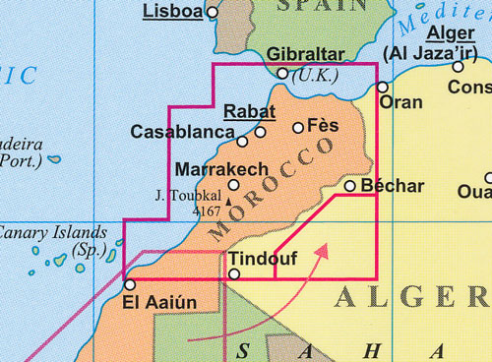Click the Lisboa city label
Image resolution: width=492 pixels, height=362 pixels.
point(172,12)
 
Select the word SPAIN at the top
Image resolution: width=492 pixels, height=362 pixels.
point(326,6)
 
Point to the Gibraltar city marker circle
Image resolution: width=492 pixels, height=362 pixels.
point(282,73)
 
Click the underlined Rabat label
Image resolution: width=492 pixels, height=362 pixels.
point(249,111)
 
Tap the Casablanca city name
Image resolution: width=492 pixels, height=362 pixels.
point(178,131)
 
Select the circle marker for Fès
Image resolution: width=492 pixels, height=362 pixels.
point(298,127)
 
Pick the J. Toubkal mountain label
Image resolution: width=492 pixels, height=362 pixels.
point(188,194)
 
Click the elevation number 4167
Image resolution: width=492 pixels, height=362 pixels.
point(207,210)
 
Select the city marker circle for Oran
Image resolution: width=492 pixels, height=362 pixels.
point(383,87)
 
